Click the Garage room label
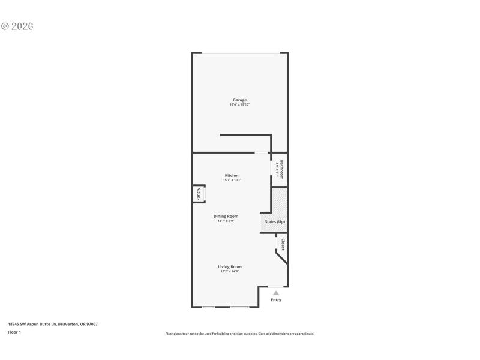pos(239,100)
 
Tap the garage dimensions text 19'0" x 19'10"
pos(239,104)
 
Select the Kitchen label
pos(232,175)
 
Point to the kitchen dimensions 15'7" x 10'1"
pos(232,180)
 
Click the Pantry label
pos(199,194)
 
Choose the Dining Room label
pos(226,216)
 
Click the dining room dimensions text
pos(226,221)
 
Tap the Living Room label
pos(230,266)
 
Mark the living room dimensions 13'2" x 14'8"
pos(230,271)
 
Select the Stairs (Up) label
pos(275,222)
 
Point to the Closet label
pos(283,245)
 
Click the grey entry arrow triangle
pos(276,293)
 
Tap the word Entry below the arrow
pos(276,300)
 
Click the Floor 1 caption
pos(14,332)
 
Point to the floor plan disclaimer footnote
pos(239,334)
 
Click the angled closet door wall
pos(281,257)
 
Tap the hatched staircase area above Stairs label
pos(280,201)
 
